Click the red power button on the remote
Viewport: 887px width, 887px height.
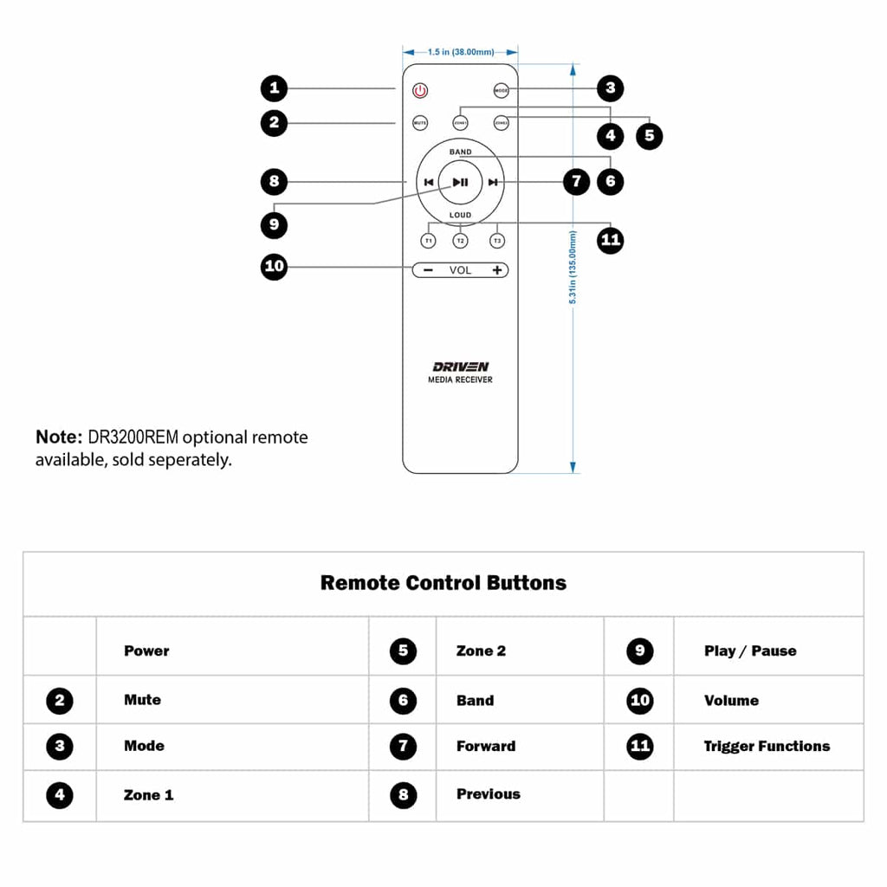(420, 90)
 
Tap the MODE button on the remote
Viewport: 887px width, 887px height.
(502, 90)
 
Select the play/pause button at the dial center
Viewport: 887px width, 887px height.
(461, 182)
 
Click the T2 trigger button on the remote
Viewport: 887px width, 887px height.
(461, 240)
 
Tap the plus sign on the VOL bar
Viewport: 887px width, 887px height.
(497, 270)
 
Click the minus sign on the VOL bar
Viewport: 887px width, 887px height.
(428, 270)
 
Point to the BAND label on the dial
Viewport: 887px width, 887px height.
(461, 152)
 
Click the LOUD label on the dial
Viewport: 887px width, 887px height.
(461, 215)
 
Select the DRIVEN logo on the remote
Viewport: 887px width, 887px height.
(461, 366)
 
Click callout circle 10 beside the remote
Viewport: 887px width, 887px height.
(275, 266)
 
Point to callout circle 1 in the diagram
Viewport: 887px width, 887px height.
(275, 87)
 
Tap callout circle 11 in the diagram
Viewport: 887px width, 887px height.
(612, 240)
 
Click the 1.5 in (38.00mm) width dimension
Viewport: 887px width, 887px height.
(461, 53)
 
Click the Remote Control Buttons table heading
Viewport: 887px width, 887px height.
(443, 583)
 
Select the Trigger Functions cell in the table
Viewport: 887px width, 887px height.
(767, 746)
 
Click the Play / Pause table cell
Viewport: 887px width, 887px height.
(750, 651)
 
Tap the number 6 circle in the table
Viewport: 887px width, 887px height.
(403, 701)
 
